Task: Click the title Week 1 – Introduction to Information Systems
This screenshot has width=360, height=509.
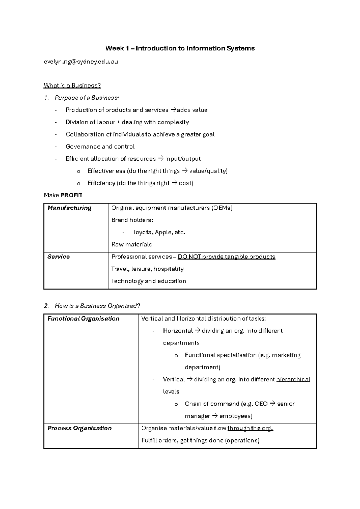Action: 180,48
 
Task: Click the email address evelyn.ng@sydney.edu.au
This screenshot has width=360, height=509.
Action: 81,62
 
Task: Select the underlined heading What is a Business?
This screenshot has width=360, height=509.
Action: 72,86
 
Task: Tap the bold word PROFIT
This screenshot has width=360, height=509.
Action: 71,195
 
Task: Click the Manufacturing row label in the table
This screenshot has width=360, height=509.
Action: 69,208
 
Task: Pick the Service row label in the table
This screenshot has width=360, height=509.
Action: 58,257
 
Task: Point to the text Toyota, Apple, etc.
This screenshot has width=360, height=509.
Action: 159,232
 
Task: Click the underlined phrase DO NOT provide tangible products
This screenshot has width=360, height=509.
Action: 226,257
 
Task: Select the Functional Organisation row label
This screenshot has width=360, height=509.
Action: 83,318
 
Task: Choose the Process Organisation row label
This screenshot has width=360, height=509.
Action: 79,428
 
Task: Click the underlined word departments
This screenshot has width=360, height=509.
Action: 181,343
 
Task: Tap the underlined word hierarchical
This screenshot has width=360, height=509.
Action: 293,379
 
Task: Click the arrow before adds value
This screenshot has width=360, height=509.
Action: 173,110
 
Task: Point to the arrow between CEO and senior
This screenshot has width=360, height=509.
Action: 272,404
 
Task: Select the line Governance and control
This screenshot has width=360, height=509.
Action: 100,146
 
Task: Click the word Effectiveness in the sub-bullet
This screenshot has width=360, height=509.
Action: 106,171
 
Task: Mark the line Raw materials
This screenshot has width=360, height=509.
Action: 131,245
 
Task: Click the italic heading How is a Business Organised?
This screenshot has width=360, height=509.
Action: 97,306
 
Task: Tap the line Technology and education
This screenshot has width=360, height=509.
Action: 149,281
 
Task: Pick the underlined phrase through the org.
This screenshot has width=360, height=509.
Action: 250,428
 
